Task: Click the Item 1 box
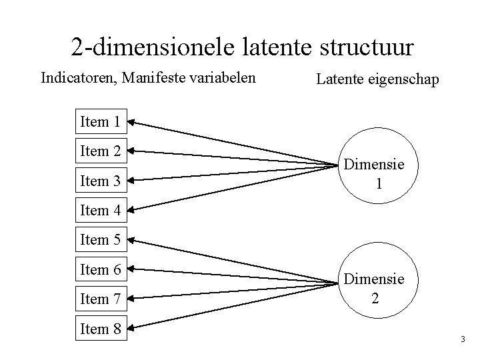click(100, 121)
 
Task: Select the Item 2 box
click(100, 151)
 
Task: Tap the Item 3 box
click(100, 181)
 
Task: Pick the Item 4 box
click(100, 211)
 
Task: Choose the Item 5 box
click(100, 239)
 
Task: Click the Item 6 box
click(100, 269)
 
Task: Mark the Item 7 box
click(100, 299)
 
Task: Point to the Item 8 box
click(100, 329)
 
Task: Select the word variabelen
click(221, 79)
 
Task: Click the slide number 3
click(463, 341)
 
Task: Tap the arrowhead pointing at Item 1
click(131, 122)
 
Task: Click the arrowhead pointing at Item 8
click(131, 327)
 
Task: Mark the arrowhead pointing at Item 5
click(131, 239)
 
